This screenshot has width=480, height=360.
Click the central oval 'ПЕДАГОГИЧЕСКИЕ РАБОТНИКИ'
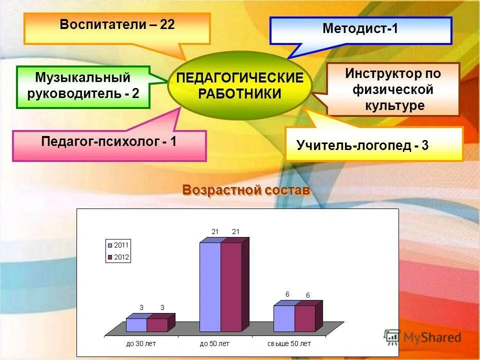[x=239, y=86]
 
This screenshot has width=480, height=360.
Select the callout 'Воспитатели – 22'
[x=117, y=27]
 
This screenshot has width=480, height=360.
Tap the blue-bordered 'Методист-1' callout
[x=360, y=30]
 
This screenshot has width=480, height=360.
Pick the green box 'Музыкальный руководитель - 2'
[x=83, y=86]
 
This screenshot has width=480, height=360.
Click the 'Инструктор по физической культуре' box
[x=392, y=89]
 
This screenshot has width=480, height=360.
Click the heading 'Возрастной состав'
[x=246, y=190]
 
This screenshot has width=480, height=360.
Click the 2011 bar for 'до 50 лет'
[x=210, y=286]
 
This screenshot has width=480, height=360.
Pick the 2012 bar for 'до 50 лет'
[x=231, y=286]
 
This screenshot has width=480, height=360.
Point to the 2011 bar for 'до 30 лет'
[x=136, y=325]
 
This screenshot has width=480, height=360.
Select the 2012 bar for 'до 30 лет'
[x=157, y=325]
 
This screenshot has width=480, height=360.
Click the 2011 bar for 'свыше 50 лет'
[x=284, y=318]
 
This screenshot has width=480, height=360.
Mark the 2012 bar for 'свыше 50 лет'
[x=304, y=318]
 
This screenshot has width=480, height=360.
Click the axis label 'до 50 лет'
[x=214, y=343]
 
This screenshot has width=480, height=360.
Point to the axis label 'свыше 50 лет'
[x=288, y=343]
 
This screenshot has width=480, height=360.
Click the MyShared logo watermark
[x=422, y=337]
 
